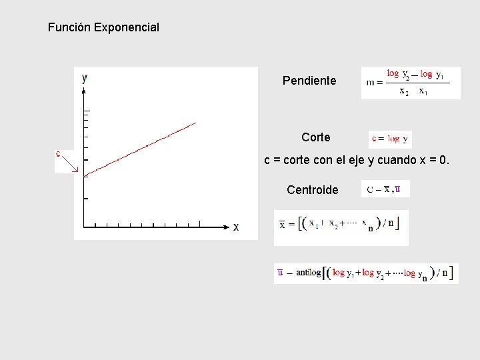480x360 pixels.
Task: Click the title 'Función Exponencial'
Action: [x=103, y=28]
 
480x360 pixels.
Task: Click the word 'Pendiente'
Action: [x=309, y=81]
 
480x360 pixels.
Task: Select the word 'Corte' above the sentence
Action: [x=315, y=137]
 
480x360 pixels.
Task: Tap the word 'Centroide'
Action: [x=312, y=190]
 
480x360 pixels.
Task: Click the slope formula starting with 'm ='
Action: [x=410, y=83]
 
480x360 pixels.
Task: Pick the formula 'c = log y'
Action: [x=390, y=139]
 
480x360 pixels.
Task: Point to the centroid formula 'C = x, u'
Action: [x=384, y=189]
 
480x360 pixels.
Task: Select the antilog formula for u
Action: [x=365, y=273]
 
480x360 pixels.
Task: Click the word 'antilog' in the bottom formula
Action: [x=309, y=273]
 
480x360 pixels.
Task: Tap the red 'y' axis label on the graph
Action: [x=85, y=77]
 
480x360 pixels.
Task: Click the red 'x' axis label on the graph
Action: [x=236, y=227]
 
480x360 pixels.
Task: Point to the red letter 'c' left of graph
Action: [x=59, y=153]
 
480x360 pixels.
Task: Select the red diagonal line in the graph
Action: [x=140, y=148]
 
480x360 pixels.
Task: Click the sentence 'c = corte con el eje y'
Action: [x=357, y=161]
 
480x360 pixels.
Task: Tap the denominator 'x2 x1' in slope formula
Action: [x=413, y=92]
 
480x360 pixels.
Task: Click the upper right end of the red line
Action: [x=195, y=123]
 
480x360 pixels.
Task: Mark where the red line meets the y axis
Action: [x=83, y=175]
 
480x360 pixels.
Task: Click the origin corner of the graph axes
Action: [x=83, y=226]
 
